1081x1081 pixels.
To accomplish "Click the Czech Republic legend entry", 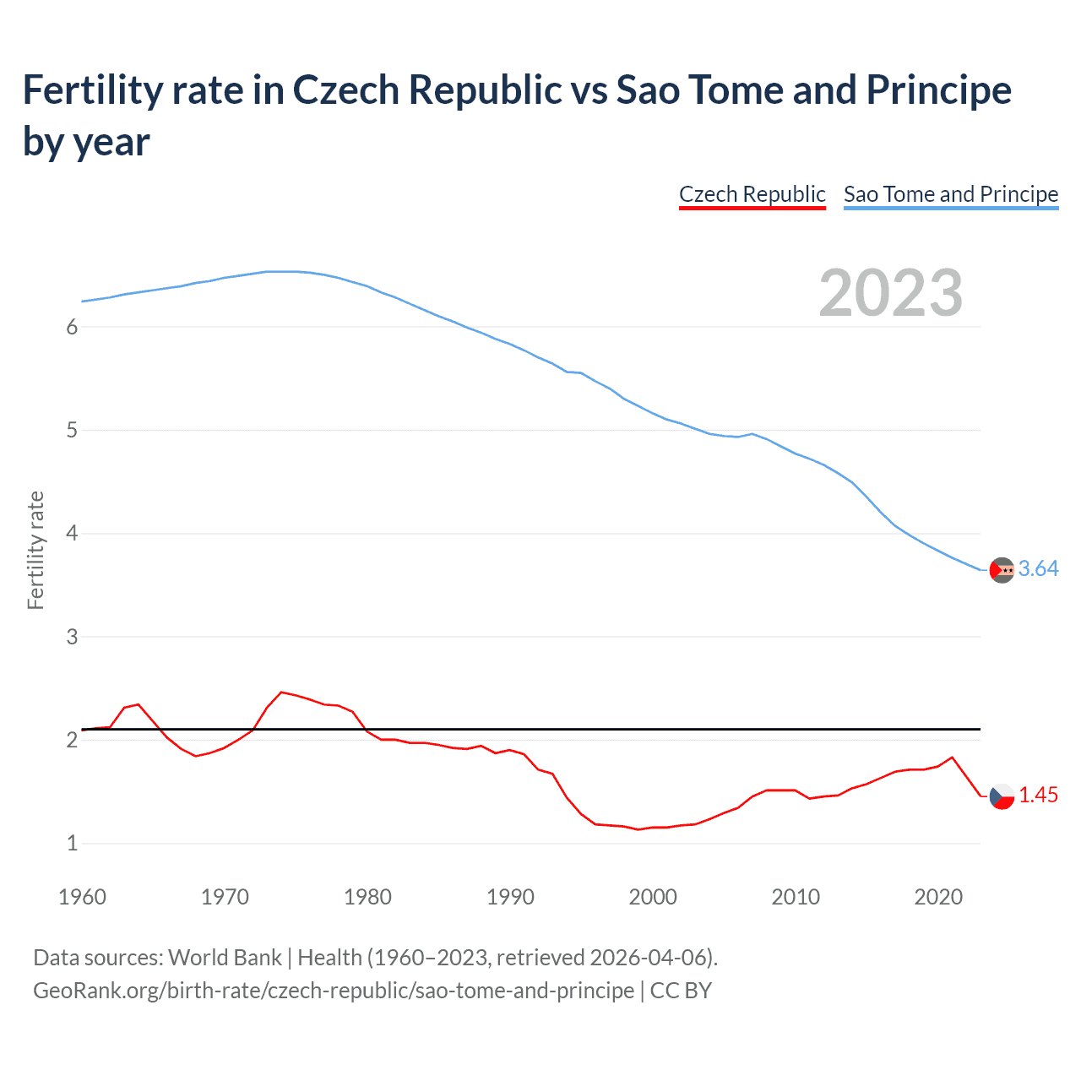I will click(752, 194).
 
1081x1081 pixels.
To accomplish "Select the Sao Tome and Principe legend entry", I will click(950, 194).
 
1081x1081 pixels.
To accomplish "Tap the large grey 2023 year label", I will click(891, 293).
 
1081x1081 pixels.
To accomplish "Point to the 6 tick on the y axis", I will click(72, 328).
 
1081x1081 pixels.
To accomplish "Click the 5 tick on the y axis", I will click(72, 431).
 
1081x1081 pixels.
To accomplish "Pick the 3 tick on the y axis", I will click(72, 637).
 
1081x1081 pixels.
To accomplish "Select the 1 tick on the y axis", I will click(72, 843).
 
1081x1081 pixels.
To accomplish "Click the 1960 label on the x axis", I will click(82, 897).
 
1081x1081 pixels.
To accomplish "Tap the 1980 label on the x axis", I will click(367, 897).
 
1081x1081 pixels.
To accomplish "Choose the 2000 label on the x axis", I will click(653, 897).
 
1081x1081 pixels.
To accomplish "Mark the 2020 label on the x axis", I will click(938, 897).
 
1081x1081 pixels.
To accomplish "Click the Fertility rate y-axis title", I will click(35, 550).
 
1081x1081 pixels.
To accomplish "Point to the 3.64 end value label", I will click(1038, 569).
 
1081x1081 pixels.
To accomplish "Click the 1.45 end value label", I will click(1038, 796).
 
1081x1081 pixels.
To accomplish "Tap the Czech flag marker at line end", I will click(1002, 796).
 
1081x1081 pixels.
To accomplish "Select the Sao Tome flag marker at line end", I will click(1002, 570).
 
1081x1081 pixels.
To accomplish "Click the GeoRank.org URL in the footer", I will click(334, 990).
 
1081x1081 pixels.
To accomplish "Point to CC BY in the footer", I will click(681, 990).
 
